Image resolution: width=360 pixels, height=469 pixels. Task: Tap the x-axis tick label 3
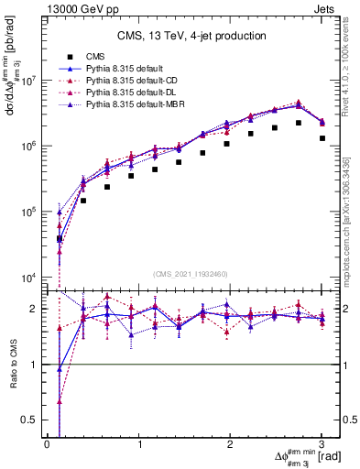tap(322, 444)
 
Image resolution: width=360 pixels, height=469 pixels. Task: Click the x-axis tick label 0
tap(47, 444)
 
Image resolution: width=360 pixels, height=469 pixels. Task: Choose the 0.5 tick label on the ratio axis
tap(30, 420)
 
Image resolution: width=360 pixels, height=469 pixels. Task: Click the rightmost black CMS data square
tap(322, 138)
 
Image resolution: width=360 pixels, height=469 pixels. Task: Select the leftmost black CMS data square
tap(60, 239)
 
